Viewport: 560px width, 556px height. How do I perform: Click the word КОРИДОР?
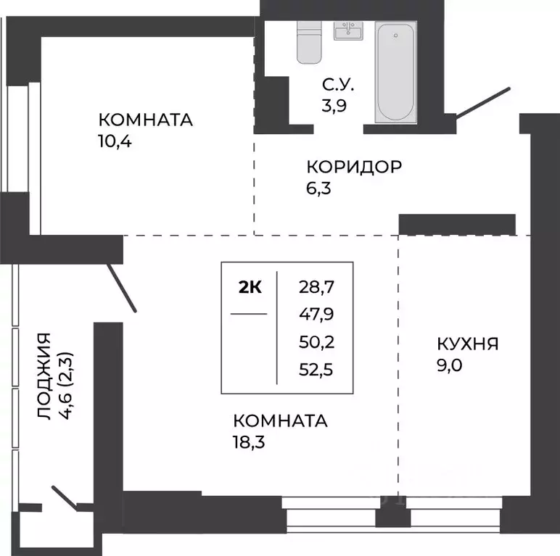pos(353,167)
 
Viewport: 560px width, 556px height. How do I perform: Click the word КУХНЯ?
pos(467,344)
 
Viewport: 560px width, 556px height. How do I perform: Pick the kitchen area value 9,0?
pos(449,365)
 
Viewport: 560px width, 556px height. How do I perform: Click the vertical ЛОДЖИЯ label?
pos(44,377)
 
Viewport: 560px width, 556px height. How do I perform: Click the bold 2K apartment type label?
pos(250,286)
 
